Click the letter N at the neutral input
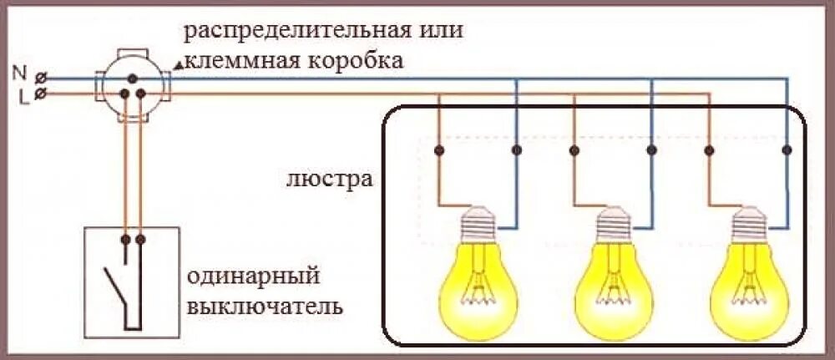(x=20, y=73)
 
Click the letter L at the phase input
(x=23, y=97)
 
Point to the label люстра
(x=328, y=179)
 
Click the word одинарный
(x=255, y=275)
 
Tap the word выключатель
(x=266, y=305)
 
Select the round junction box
(x=133, y=84)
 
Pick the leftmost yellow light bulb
(x=478, y=276)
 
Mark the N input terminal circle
(x=41, y=77)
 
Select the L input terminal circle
(x=41, y=94)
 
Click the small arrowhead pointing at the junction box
(x=178, y=64)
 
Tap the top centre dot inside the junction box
(x=133, y=76)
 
